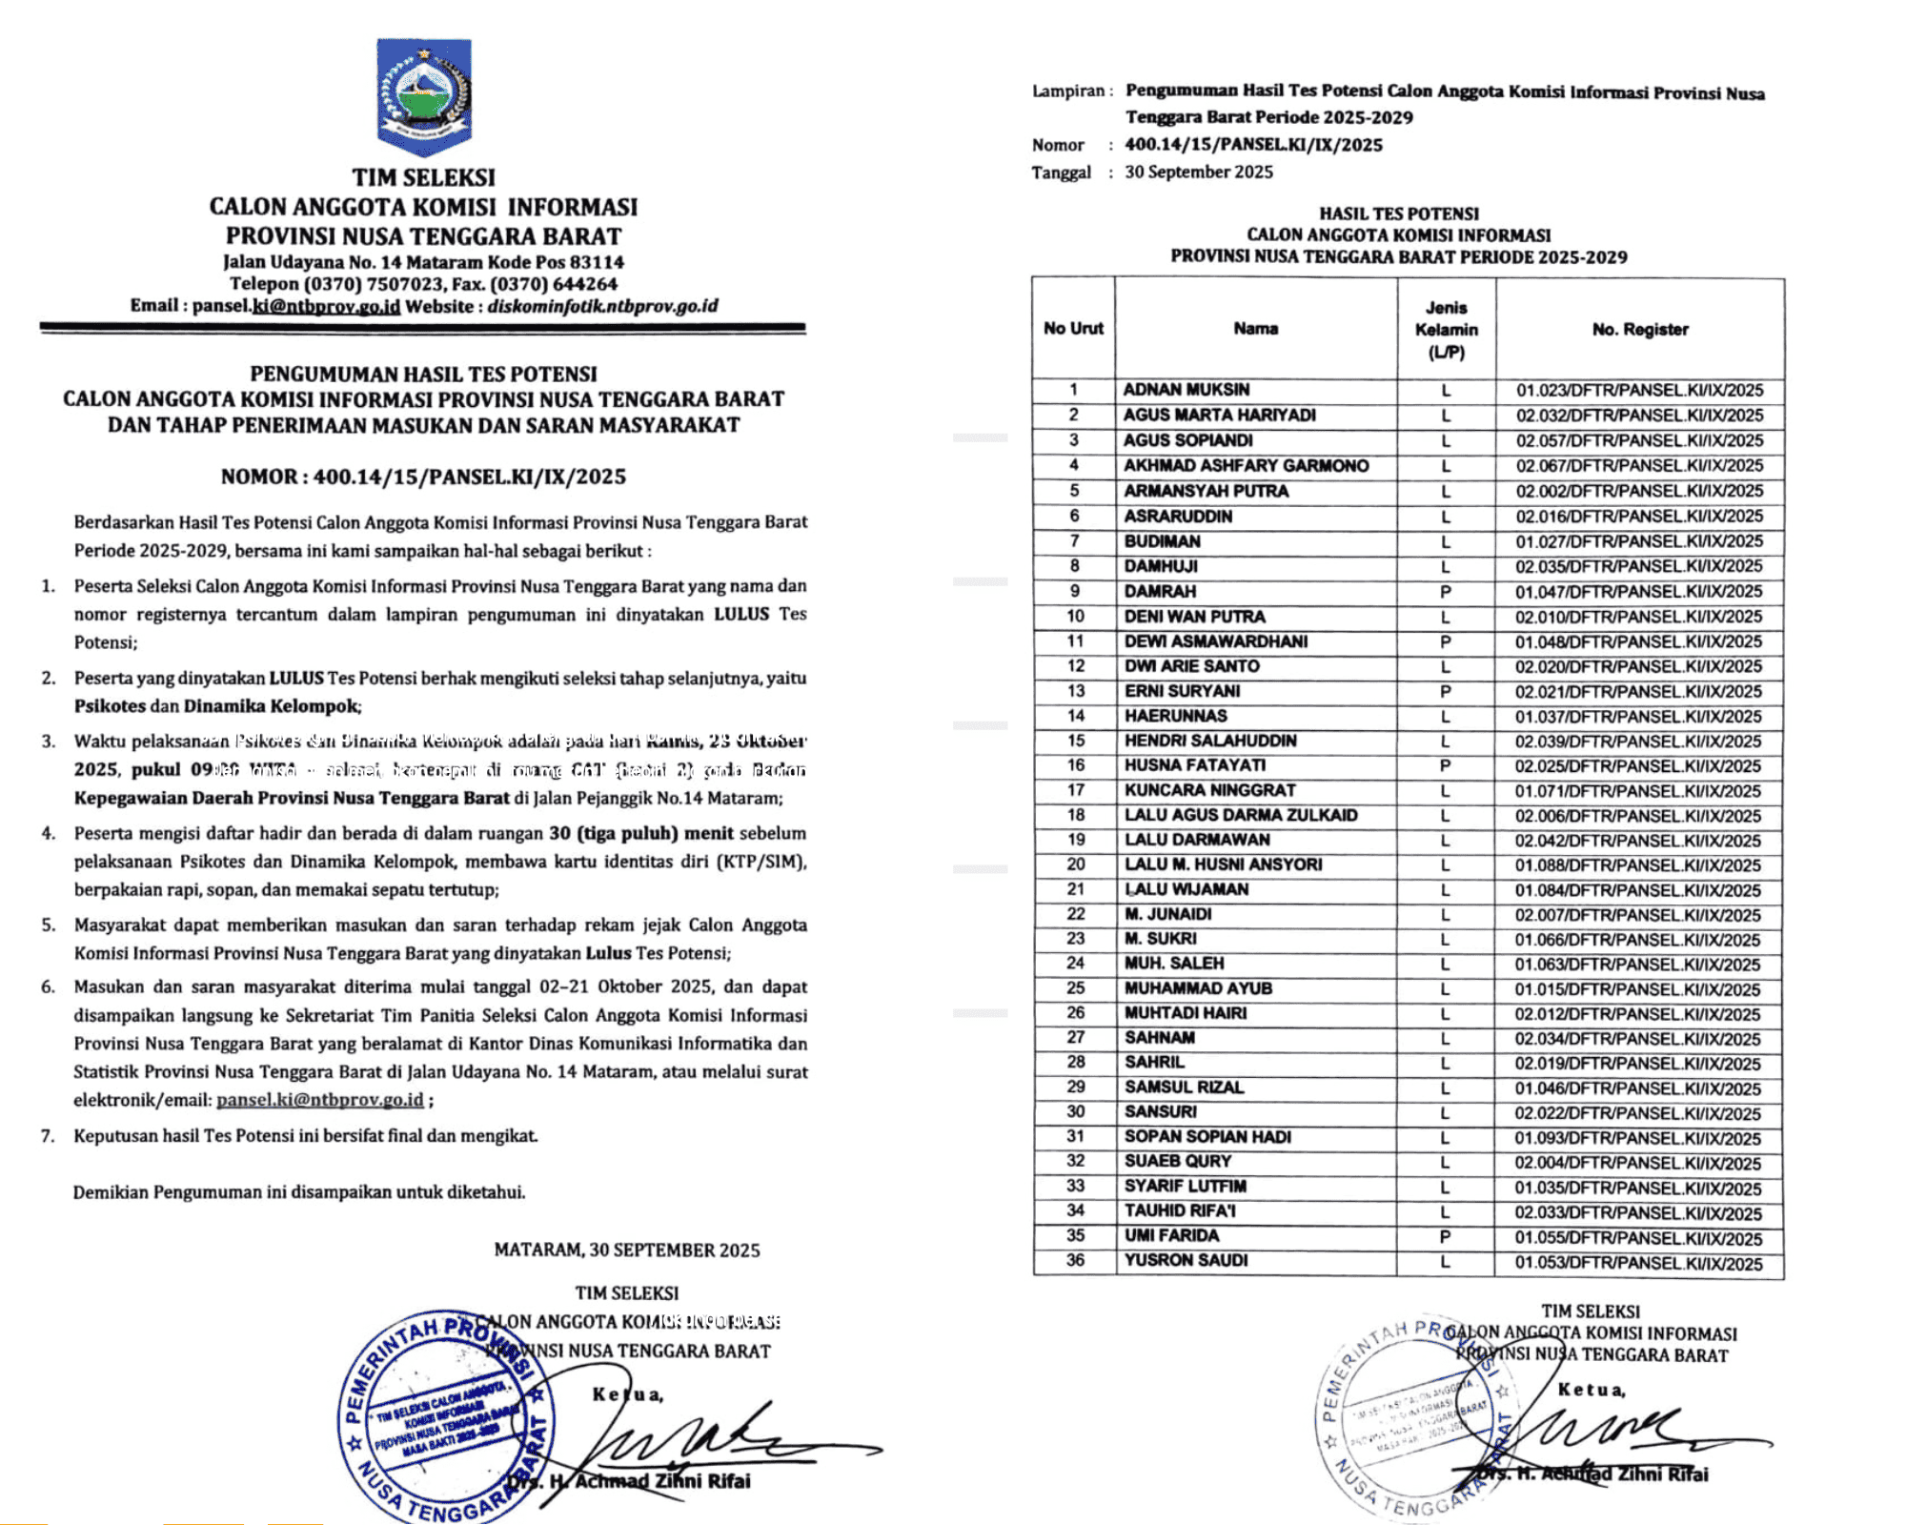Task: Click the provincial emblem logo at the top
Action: point(424,95)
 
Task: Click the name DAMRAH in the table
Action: point(1160,591)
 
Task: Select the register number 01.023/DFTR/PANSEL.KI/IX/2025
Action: point(1639,390)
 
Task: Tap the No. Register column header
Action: point(1639,330)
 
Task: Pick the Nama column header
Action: point(1255,329)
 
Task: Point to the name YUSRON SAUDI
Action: point(1186,1260)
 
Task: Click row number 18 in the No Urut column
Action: point(1075,815)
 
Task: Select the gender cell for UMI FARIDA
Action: point(1445,1236)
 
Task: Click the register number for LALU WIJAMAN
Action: point(1639,890)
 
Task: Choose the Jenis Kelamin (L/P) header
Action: point(1446,330)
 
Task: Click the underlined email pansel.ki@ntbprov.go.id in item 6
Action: point(320,1100)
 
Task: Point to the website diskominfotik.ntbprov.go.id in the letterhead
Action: point(602,306)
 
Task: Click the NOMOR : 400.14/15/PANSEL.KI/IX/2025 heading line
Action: point(423,477)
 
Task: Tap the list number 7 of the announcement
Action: point(48,1136)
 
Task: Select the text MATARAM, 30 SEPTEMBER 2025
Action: point(626,1250)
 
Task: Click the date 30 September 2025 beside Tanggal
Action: point(1199,173)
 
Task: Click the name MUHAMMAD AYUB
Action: point(1198,988)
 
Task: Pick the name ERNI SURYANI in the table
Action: point(1182,691)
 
